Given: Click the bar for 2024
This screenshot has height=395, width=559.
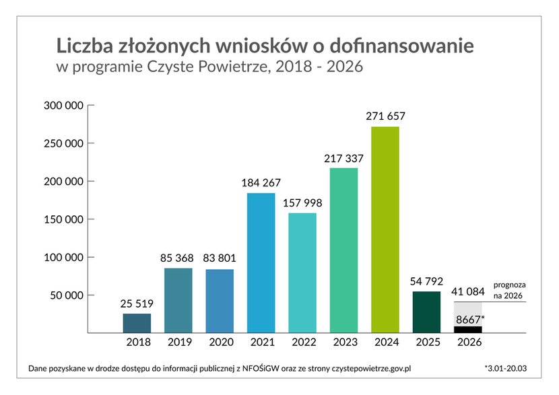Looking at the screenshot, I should pos(385,229).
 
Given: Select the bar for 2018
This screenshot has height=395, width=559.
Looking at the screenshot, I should pos(137,323).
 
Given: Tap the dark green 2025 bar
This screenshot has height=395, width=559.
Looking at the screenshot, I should pos(427,312).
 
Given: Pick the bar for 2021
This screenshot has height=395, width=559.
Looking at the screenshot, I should pos(261,262).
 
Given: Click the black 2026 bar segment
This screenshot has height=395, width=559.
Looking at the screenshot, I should pos(468,329).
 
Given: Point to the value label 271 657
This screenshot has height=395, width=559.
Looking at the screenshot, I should pos(385,116).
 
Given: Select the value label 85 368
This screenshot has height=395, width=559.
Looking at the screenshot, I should pos(178,258).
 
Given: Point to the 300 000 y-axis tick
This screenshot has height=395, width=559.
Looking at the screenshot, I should pos(65,106).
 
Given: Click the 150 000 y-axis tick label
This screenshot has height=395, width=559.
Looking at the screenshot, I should pos(65,219).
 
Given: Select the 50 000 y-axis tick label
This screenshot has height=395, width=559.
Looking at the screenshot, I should pos(67,295).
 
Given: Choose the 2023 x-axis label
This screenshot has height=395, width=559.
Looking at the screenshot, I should pos(344,342).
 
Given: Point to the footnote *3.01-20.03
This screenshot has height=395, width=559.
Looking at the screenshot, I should pos(506,369).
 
